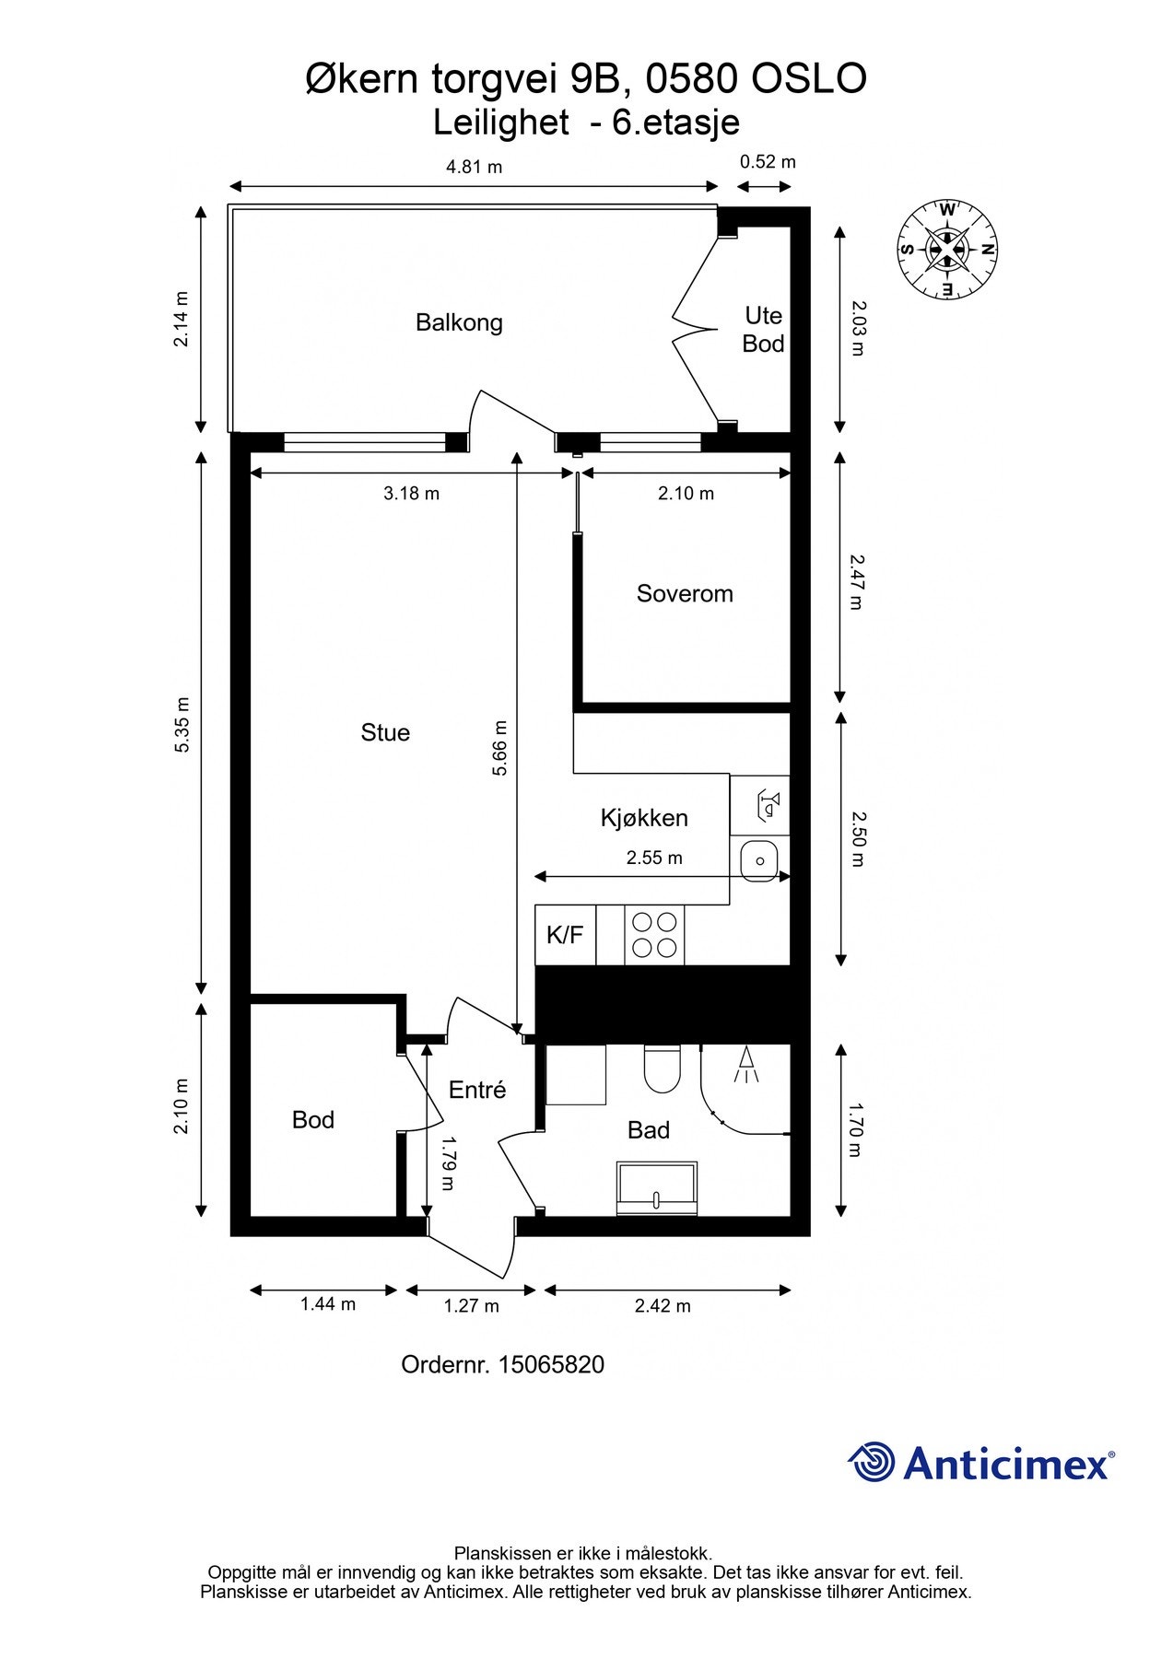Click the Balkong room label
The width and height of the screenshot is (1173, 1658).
tap(459, 323)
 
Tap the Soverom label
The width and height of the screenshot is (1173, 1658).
tap(685, 594)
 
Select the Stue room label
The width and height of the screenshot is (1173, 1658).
tap(385, 733)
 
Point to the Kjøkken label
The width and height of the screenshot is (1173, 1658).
tap(644, 818)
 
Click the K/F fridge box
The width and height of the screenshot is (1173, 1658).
tap(565, 936)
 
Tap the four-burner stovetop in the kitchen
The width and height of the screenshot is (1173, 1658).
tap(654, 935)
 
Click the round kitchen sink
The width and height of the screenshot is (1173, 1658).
tap(760, 860)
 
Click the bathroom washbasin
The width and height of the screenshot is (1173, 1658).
tap(657, 1187)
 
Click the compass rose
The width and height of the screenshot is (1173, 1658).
tap(947, 250)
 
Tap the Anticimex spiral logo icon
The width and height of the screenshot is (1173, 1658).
tap(871, 1462)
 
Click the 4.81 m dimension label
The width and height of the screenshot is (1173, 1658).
tap(475, 167)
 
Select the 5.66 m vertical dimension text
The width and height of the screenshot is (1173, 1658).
tap(499, 748)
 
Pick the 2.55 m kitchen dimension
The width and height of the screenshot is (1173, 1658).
tap(654, 858)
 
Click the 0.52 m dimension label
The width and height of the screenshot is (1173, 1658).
tap(768, 162)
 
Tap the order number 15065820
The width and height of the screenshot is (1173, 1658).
tap(551, 1365)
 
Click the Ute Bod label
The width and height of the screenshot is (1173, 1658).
tap(764, 330)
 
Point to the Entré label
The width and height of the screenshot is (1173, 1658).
tap(477, 1091)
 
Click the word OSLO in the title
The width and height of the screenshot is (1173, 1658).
tap(809, 80)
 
